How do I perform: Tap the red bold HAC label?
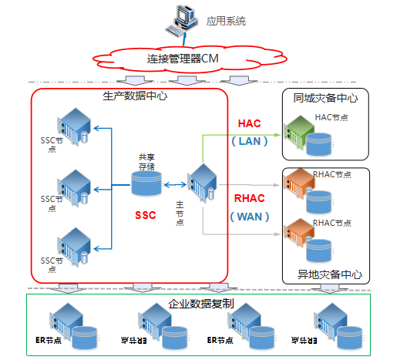click(250, 124)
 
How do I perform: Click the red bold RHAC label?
click(250, 198)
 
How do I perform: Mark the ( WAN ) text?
click(250, 217)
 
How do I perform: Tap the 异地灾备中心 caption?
click(329, 274)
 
